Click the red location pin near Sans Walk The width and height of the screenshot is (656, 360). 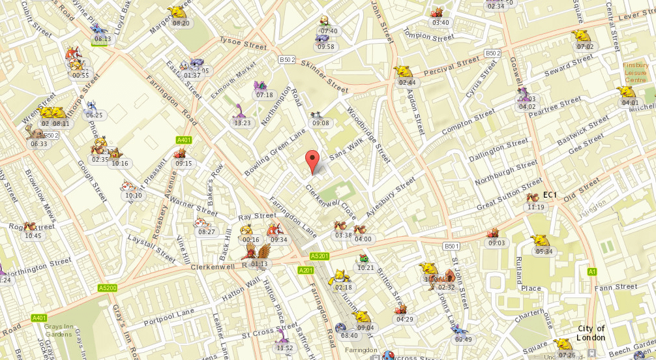tap(313, 160)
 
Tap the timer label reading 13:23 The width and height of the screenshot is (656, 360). tap(242, 123)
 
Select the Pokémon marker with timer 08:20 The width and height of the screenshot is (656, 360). tap(177, 12)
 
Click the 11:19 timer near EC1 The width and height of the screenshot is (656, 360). tap(535, 207)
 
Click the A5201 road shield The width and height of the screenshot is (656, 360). tap(318, 256)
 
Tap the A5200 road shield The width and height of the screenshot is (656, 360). tap(107, 288)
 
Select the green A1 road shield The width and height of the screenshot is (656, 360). tap(591, 271)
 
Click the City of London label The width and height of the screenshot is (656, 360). tap(591, 333)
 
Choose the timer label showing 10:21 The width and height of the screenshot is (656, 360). tap(365, 267)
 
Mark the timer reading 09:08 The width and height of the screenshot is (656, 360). tap(320, 123)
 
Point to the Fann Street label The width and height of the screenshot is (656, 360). tap(616, 286)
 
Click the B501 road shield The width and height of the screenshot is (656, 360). tap(452, 246)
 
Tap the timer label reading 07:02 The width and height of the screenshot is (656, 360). tap(585, 46)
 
